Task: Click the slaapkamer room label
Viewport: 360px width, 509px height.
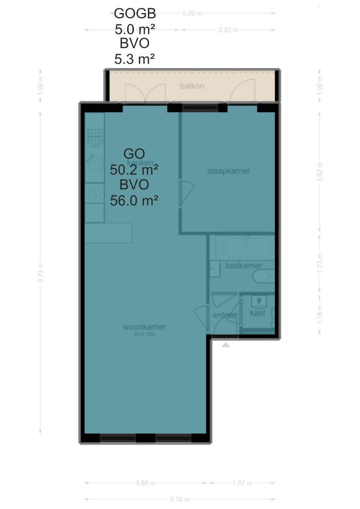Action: click(x=229, y=171)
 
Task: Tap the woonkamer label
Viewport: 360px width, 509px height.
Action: click(x=145, y=327)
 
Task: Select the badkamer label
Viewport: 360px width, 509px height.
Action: click(x=240, y=266)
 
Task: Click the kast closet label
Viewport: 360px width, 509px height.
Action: click(x=257, y=313)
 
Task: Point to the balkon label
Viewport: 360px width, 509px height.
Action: click(x=192, y=86)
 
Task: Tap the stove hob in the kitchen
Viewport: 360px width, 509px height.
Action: click(x=95, y=138)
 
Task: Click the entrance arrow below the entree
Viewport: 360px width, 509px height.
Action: click(x=226, y=345)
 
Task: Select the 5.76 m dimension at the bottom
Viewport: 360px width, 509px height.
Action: click(x=180, y=500)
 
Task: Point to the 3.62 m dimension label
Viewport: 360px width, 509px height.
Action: click(x=320, y=169)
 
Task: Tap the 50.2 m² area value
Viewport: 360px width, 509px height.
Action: click(x=134, y=169)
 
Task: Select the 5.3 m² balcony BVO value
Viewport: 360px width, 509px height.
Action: click(x=135, y=59)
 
